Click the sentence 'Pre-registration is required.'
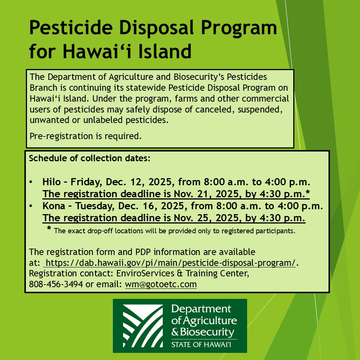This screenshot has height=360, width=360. click(85, 136)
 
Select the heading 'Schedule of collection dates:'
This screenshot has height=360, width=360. click(90, 158)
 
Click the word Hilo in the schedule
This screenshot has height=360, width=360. click(51, 183)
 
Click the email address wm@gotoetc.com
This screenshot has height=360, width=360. click(161, 284)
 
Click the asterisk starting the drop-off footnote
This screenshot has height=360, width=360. click(49, 229)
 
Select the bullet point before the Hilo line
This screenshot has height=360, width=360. click(31, 183)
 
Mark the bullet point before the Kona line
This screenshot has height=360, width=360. click(31, 206)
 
